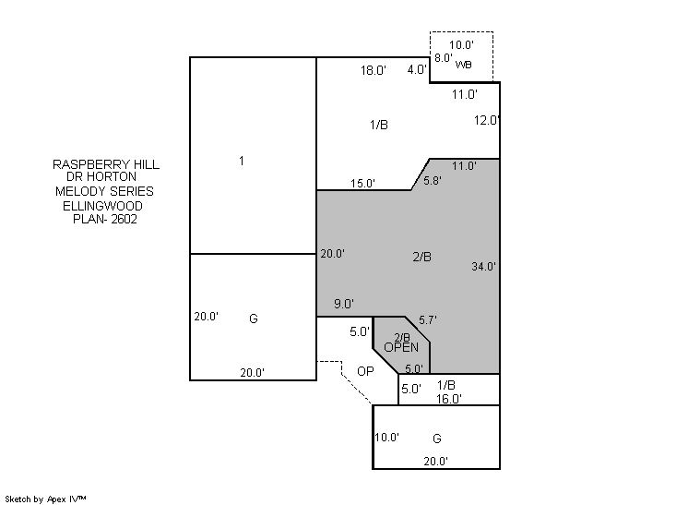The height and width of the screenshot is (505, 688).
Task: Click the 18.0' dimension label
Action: (x=374, y=70)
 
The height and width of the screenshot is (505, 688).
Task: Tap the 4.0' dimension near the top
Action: (x=417, y=69)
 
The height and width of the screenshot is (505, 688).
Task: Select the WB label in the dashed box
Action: (x=463, y=65)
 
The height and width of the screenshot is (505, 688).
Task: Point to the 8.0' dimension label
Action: (x=444, y=57)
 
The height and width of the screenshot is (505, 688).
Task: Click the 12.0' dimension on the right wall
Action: (x=487, y=120)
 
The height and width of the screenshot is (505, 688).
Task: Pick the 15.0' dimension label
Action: (x=362, y=183)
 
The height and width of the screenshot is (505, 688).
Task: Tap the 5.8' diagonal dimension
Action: (x=433, y=180)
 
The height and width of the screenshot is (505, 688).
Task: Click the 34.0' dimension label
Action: (x=484, y=266)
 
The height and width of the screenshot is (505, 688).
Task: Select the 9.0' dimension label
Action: (x=344, y=304)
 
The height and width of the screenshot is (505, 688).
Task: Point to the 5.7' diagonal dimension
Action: (x=428, y=319)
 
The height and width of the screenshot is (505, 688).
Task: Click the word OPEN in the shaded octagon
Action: (x=401, y=347)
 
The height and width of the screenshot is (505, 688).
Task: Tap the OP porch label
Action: (x=365, y=371)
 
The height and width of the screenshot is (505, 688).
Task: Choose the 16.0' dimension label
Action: (x=449, y=399)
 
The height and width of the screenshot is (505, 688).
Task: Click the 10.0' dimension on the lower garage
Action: (x=387, y=437)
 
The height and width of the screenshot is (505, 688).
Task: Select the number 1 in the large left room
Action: (x=242, y=161)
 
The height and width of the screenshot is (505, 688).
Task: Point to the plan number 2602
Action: (x=124, y=219)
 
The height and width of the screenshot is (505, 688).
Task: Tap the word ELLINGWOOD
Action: (x=102, y=206)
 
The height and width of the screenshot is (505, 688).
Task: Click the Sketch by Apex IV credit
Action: (x=45, y=499)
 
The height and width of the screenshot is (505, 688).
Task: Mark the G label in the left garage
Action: (x=254, y=319)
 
